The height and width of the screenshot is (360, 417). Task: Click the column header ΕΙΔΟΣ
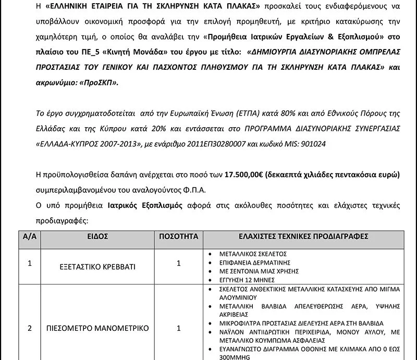(x=97, y=237)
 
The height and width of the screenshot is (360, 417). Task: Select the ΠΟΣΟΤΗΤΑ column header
(x=179, y=237)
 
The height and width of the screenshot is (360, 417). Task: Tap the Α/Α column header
(x=30, y=237)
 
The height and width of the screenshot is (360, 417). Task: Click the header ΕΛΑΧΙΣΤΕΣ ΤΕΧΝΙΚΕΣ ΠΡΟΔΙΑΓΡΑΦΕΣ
(x=303, y=237)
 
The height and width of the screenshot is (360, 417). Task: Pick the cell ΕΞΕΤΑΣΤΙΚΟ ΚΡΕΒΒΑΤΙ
(x=97, y=267)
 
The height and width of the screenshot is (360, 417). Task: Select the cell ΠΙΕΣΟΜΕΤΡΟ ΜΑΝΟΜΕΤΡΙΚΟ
(x=97, y=328)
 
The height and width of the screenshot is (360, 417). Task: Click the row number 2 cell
(x=30, y=328)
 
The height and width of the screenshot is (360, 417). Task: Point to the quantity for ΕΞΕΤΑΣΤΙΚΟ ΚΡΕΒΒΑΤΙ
(x=179, y=264)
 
